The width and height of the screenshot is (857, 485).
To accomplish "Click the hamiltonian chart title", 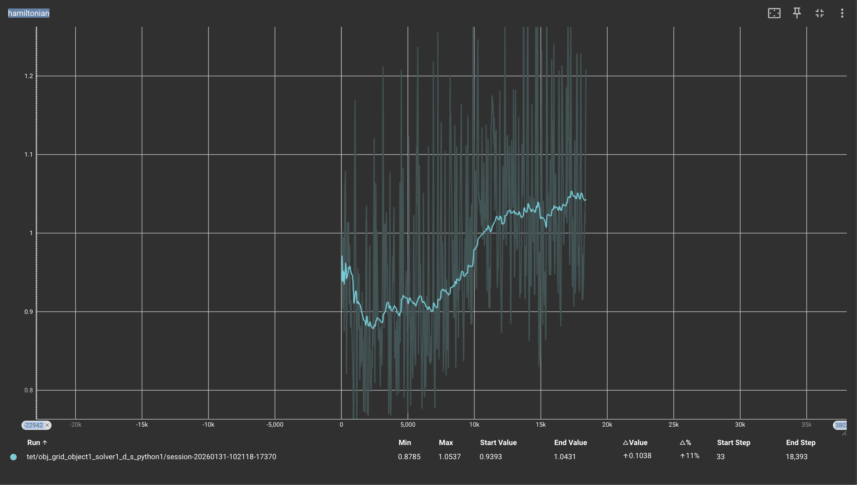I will pos(29,13).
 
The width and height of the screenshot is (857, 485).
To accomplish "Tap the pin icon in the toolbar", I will pos(797,13).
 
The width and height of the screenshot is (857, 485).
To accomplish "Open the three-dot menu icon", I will pos(842,13).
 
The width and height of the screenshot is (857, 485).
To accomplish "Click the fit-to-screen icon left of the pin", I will pos(774,13).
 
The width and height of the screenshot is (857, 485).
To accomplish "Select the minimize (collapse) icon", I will pos(819,13).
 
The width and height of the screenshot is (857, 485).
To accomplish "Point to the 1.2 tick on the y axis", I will pos(29,76).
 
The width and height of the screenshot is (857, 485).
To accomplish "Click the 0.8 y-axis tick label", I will pos(29,390).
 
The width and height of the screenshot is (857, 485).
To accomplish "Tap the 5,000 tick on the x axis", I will pos(408,425).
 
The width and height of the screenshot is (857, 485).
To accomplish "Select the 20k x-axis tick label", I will pos(607,425).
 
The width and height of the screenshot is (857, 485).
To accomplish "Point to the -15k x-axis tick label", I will pos(142,425).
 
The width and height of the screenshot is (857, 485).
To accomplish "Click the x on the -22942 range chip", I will pos(47,425).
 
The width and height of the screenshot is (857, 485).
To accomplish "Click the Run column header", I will pos(34,443).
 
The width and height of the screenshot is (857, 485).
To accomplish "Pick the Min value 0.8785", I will pos(409,457).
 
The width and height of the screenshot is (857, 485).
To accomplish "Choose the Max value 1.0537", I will pos(449,457).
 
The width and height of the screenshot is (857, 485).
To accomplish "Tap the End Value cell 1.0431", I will pos(565,457).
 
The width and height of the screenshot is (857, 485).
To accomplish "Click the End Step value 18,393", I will pos(796,457).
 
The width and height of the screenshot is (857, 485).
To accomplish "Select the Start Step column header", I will pos(733,443).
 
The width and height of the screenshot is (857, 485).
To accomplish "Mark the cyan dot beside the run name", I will pos(13,457).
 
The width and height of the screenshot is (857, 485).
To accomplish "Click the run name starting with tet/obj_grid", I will pos(151,457).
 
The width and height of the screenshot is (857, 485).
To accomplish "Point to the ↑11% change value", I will pos(689,456).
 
